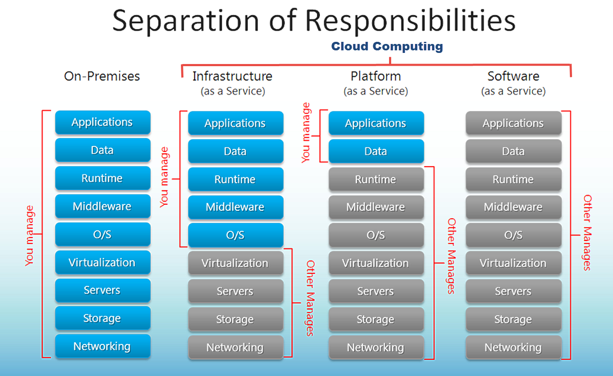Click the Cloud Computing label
tap(387, 46)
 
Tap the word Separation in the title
tap(186, 21)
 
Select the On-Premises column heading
tap(102, 76)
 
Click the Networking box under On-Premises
tap(103, 346)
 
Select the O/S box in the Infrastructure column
tap(235, 235)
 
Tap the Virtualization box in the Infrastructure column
tap(235, 263)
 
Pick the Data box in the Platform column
tap(376, 151)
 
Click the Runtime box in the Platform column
tap(376, 179)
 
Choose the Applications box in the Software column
tap(514, 123)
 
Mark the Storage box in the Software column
tap(514, 319)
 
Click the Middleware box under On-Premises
tap(103, 206)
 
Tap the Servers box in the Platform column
tap(376, 291)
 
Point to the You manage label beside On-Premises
tap(29, 236)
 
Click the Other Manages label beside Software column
tap(587, 233)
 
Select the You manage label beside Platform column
tap(306, 133)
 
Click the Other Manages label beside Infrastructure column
tap(310, 298)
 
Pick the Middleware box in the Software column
tap(514, 207)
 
